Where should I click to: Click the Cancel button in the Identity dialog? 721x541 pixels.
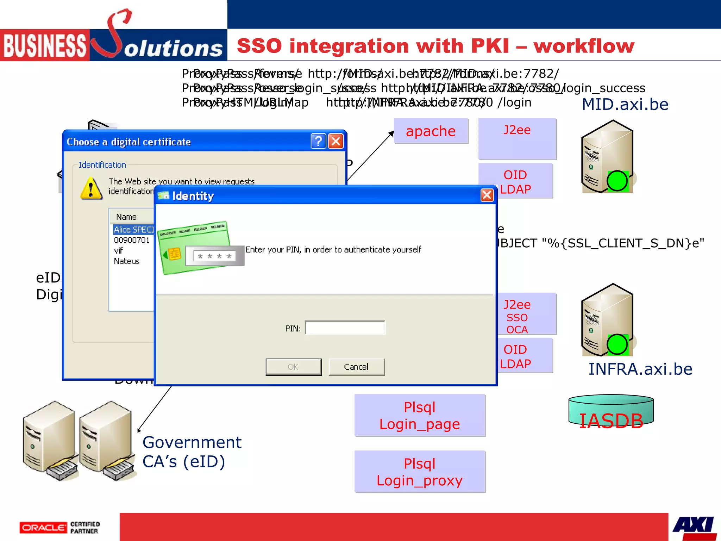(x=356, y=367)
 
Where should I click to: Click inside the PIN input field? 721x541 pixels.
(x=345, y=328)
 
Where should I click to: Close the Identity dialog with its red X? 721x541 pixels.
(x=487, y=195)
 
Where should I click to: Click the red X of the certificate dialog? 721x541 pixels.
(x=336, y=142)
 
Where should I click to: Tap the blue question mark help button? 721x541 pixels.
(x=318, y=142)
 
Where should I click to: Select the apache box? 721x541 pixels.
(x=431, y=131)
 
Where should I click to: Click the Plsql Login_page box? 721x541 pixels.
(x=420, y=416)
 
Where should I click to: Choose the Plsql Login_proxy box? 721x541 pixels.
(x=420, y=472)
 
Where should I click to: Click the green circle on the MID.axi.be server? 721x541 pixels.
(x=617, y=181)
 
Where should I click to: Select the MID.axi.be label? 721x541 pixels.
(x=625, y=105)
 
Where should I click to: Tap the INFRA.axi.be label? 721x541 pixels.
(x=640, y=369)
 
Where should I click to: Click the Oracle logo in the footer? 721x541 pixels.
(x=43, y=528)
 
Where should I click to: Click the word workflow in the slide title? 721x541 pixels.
(x=584, y=46)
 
